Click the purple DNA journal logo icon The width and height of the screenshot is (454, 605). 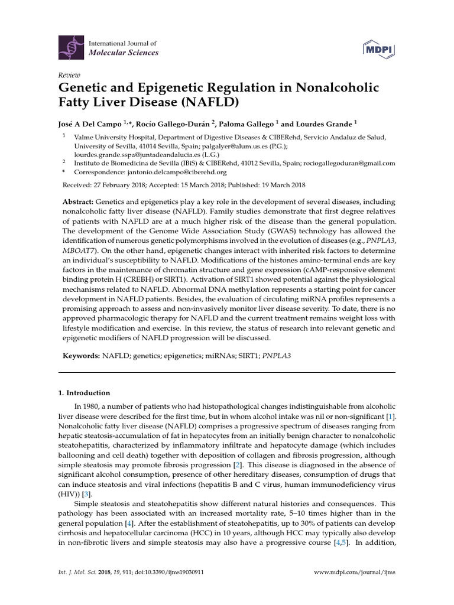click(73, 47)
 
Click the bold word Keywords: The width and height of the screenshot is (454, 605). click(82, 357)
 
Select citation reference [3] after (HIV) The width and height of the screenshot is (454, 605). click(86, 493)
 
